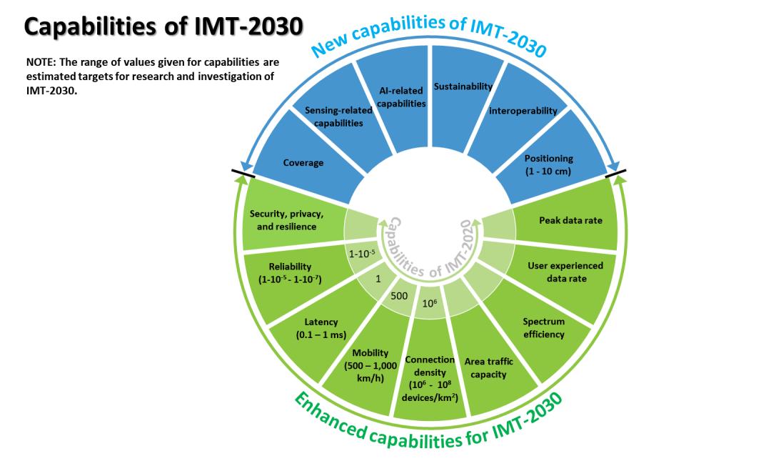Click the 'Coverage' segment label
click(303, 162)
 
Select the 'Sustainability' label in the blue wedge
click(463, 86)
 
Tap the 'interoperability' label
click(523, 111)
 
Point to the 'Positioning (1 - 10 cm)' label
click(549, 165)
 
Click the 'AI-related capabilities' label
click(401, 97)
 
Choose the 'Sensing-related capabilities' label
click(338, 117)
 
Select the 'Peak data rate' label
click(571, 220)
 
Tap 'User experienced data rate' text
click(566, 272)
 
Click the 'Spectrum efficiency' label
click(544, 327)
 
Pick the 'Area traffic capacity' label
click(489, 368)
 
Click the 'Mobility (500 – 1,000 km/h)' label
click(371, 365)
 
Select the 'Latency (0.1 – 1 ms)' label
click(321, 329)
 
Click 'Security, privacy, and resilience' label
click(287, 220)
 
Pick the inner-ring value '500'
click(399, 296)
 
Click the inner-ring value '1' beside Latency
click(378, 279)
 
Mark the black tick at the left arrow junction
click(243, 174)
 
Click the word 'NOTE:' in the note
click(41, 63)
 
